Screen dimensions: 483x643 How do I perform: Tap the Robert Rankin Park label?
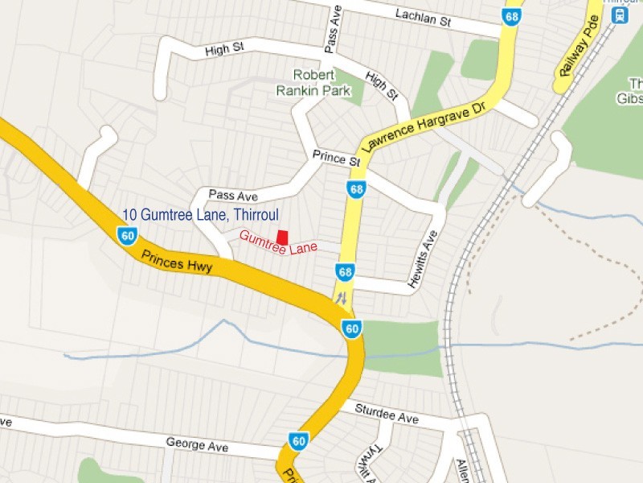pos(321,82)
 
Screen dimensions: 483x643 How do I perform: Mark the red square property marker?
pos(282,236)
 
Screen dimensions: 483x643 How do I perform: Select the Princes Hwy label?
pos(176,262)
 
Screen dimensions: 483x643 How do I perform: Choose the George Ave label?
pos(196,444)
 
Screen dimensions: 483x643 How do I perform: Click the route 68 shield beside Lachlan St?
pos(512,15)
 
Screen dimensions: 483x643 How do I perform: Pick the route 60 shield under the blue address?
pos(126,235)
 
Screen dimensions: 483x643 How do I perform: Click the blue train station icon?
pos(619,14)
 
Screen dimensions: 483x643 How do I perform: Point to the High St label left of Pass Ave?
pos(224,49)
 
